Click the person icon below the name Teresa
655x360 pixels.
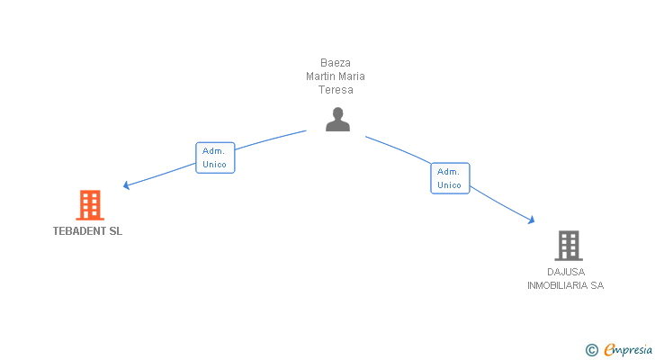coord(337,120)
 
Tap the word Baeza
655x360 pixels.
coord(335,63)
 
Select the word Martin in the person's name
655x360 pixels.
coord(320,76)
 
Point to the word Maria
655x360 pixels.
coord(351,76)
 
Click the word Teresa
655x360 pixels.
coord(335,90)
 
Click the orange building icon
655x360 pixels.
coord(89,205)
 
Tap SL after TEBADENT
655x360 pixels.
coord(115,231)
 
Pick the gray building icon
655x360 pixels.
coord(568,245)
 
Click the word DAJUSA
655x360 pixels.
coord(565,272)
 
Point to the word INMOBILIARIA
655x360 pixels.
coord(557,285)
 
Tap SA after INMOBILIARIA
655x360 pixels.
coord(597,285)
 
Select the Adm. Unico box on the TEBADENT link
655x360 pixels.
coord(215,157)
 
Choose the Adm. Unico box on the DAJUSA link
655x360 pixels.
coord(450,178)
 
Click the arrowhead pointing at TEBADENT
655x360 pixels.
coord(127,185)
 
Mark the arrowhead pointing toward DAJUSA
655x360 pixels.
coord(532,220)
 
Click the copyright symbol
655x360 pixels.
coord(592,350)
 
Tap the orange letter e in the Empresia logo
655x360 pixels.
coord(609,350)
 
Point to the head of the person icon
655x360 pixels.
coord(337,113)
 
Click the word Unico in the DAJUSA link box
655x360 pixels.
coord(450,185)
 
